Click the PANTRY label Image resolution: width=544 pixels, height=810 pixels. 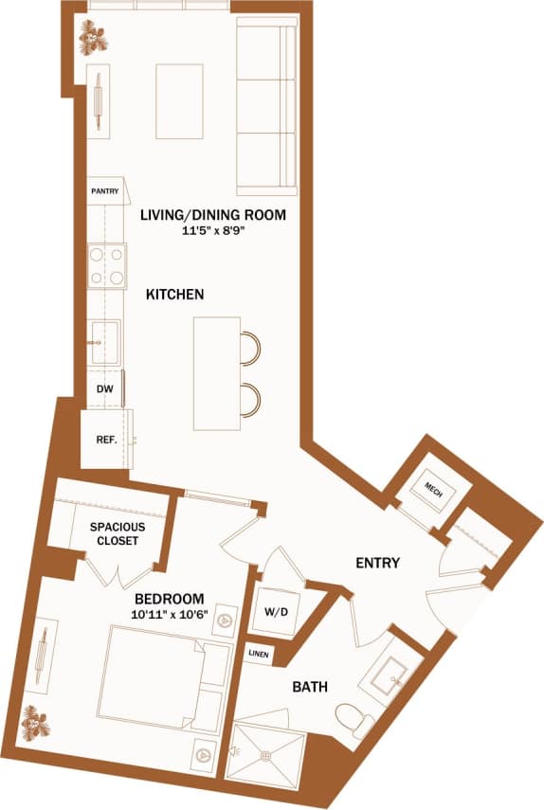(x=105, y=191)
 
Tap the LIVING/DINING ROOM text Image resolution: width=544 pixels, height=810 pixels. (x=213, y=215)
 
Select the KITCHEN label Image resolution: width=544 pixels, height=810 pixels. (x=174, y=296)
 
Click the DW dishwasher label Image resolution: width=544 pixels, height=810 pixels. (x=104, y=388)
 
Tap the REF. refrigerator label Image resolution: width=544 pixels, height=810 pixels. (x=106, y=440)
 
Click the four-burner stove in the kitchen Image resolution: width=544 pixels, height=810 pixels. (x=107, y=266)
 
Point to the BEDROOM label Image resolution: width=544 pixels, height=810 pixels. (x=170, y=599)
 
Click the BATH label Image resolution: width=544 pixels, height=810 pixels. (x=310, y=686)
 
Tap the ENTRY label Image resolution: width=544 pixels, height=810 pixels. (x=377, y=564)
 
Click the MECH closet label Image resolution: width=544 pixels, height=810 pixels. (x=433, y=491)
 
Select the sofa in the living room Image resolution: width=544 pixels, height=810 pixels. (x=266, y=106)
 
